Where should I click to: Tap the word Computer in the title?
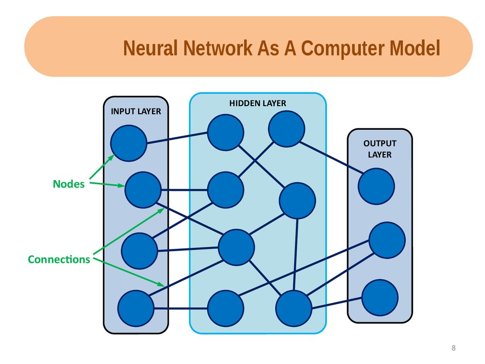pyautogui.click(x=343, y=49)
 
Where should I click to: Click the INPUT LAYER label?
pyautogui.click(x=136, y=111)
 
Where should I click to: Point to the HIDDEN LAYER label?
pyautogui.click(x=258, y=103)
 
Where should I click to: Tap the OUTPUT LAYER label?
pyautogui.click(x=380, y=149)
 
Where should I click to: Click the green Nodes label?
pyautogui.click(x=69, y=184)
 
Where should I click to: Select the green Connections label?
pyautogui.click(x=59, y=259)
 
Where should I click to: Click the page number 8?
pyautogui.click(x=454, y=348)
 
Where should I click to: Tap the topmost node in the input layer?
pyautogui.click(x=129, y=143)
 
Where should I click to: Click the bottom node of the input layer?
pyautogui.click(x=136, y=308)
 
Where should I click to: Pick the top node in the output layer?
pyautogui.click(x=377, y=186)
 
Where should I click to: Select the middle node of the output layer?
pyautogui.click(x=387, y=240)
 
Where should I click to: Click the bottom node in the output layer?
pyautogui.click(x=380, y=298)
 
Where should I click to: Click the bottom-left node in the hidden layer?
pyautogui.click(x=225, y=308)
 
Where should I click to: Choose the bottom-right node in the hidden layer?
pyautogui.click(x=294, y=308)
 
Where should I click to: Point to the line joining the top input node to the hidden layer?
pyautogui.click(x=177, y=138)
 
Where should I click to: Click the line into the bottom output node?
pyautogui.click(x=337, y=303)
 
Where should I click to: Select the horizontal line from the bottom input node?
pyautogui.click(x=180, y=308)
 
